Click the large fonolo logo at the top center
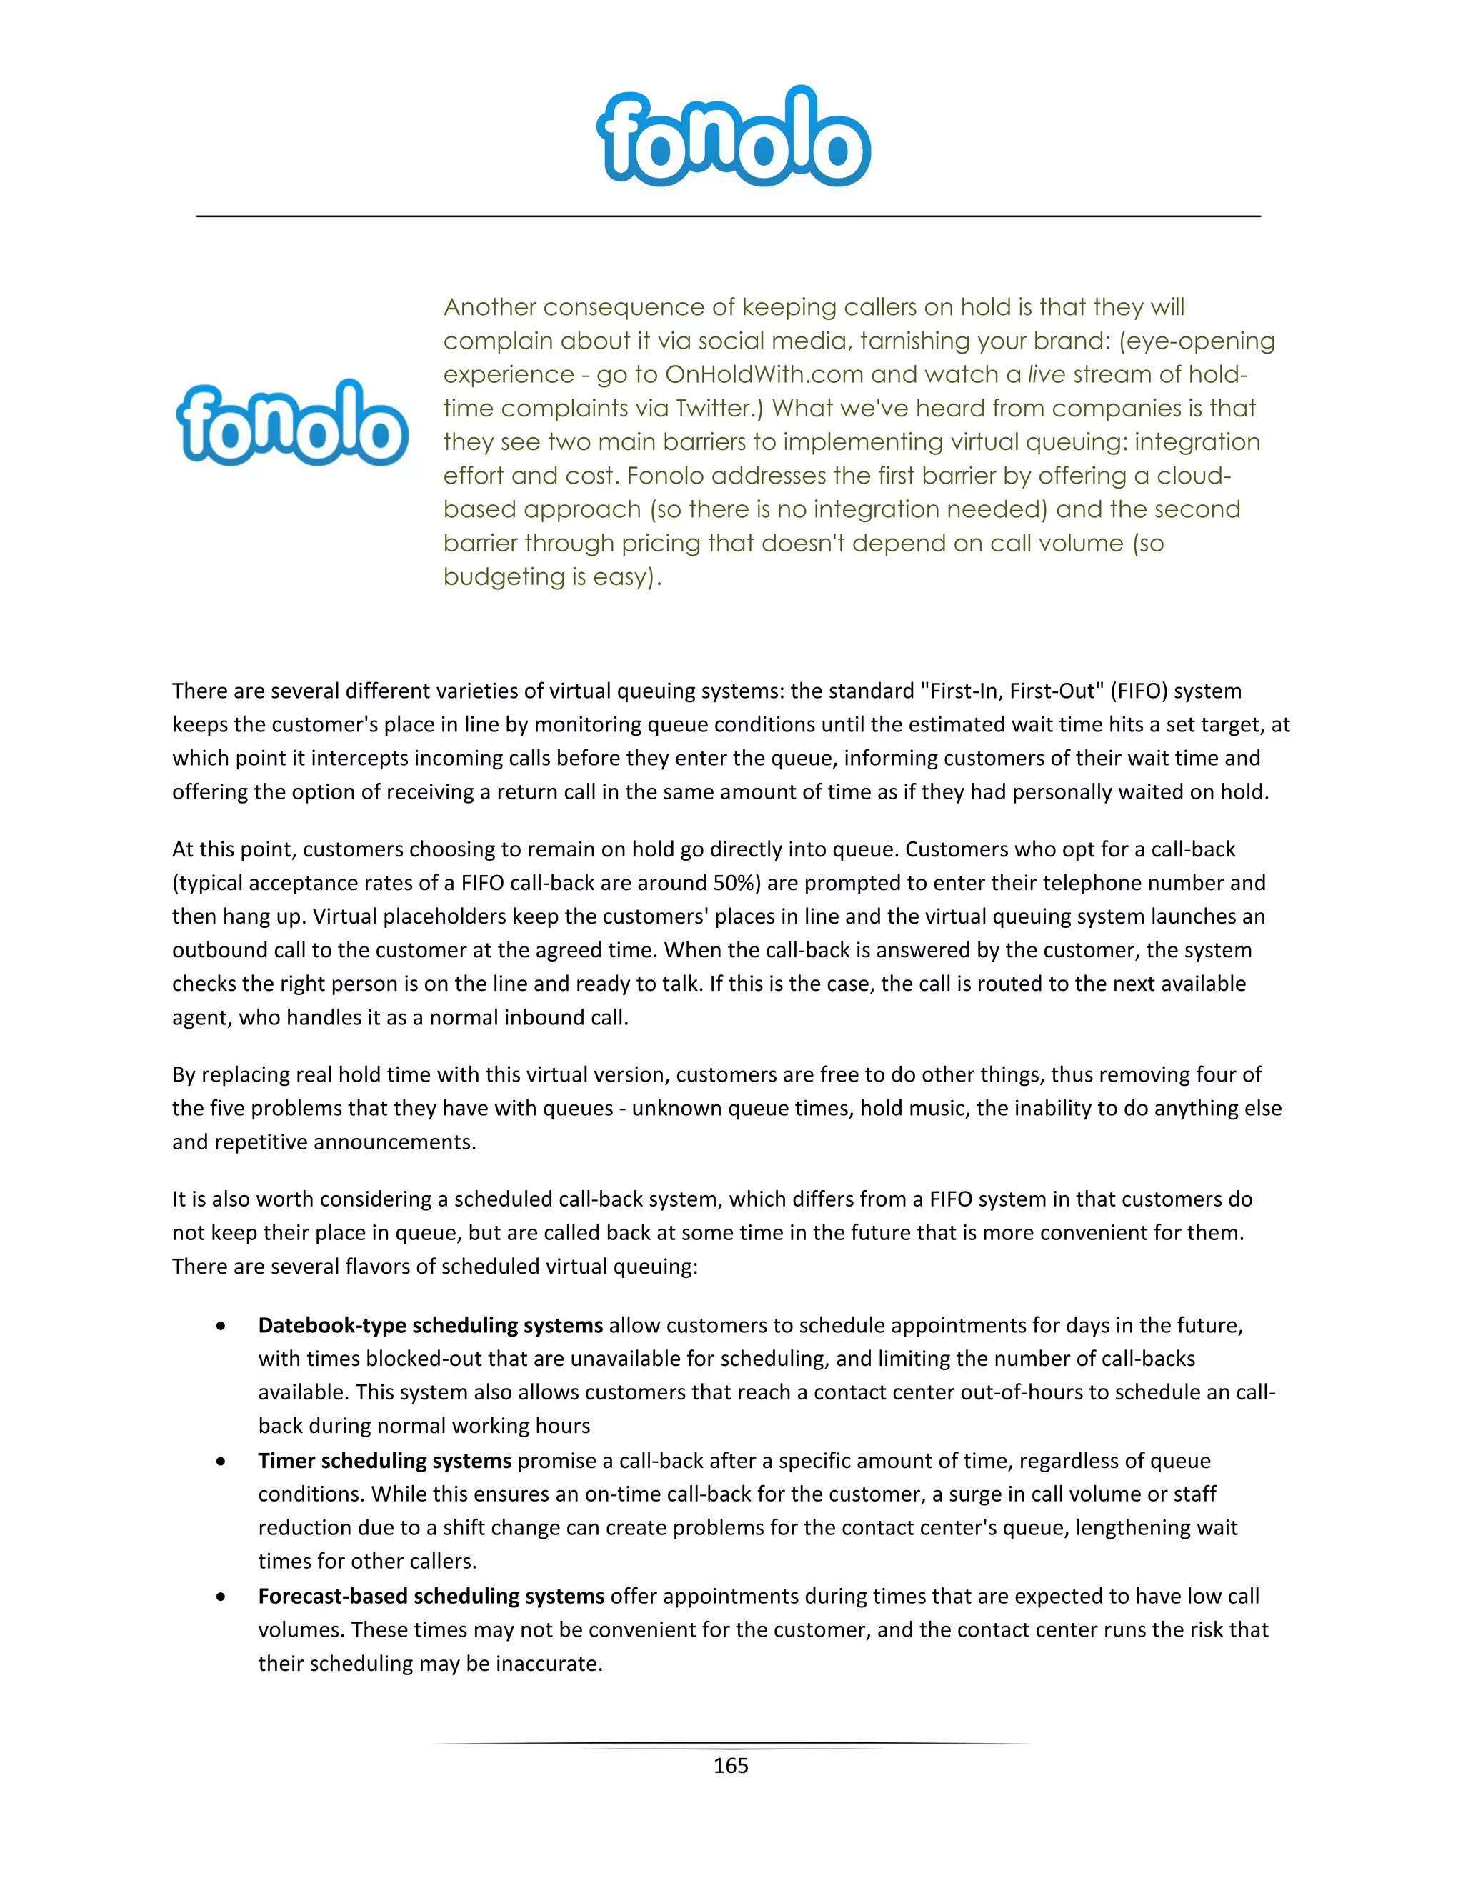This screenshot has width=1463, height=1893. [733, 137]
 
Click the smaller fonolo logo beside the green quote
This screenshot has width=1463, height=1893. [292, 424]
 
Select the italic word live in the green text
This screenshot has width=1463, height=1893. [1046, 374]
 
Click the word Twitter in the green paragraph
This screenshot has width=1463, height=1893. [714, 408]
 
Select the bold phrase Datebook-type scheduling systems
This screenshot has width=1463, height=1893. [430, 1325]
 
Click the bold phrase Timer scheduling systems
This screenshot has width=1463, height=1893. [385, 1461]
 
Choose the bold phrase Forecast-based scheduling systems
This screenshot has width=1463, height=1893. [431, 1596]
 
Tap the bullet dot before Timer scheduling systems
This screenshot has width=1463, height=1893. [222, 1462]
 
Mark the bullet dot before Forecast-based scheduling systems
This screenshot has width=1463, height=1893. [222, 1597]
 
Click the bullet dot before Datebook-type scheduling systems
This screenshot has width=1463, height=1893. [222, 1326]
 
